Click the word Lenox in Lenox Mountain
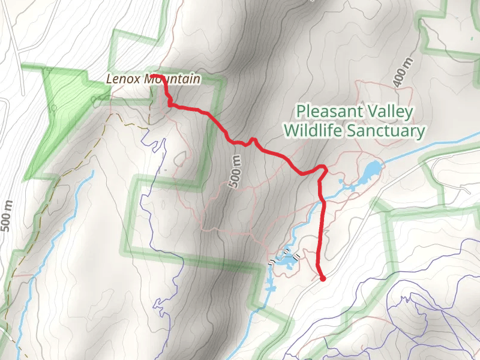[x=120, y=78]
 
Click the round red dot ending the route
[x=323, y=278]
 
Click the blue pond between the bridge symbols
[x=286, y=260]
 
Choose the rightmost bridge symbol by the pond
[x=297, y=257]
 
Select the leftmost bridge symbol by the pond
[x=271, y=262]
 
